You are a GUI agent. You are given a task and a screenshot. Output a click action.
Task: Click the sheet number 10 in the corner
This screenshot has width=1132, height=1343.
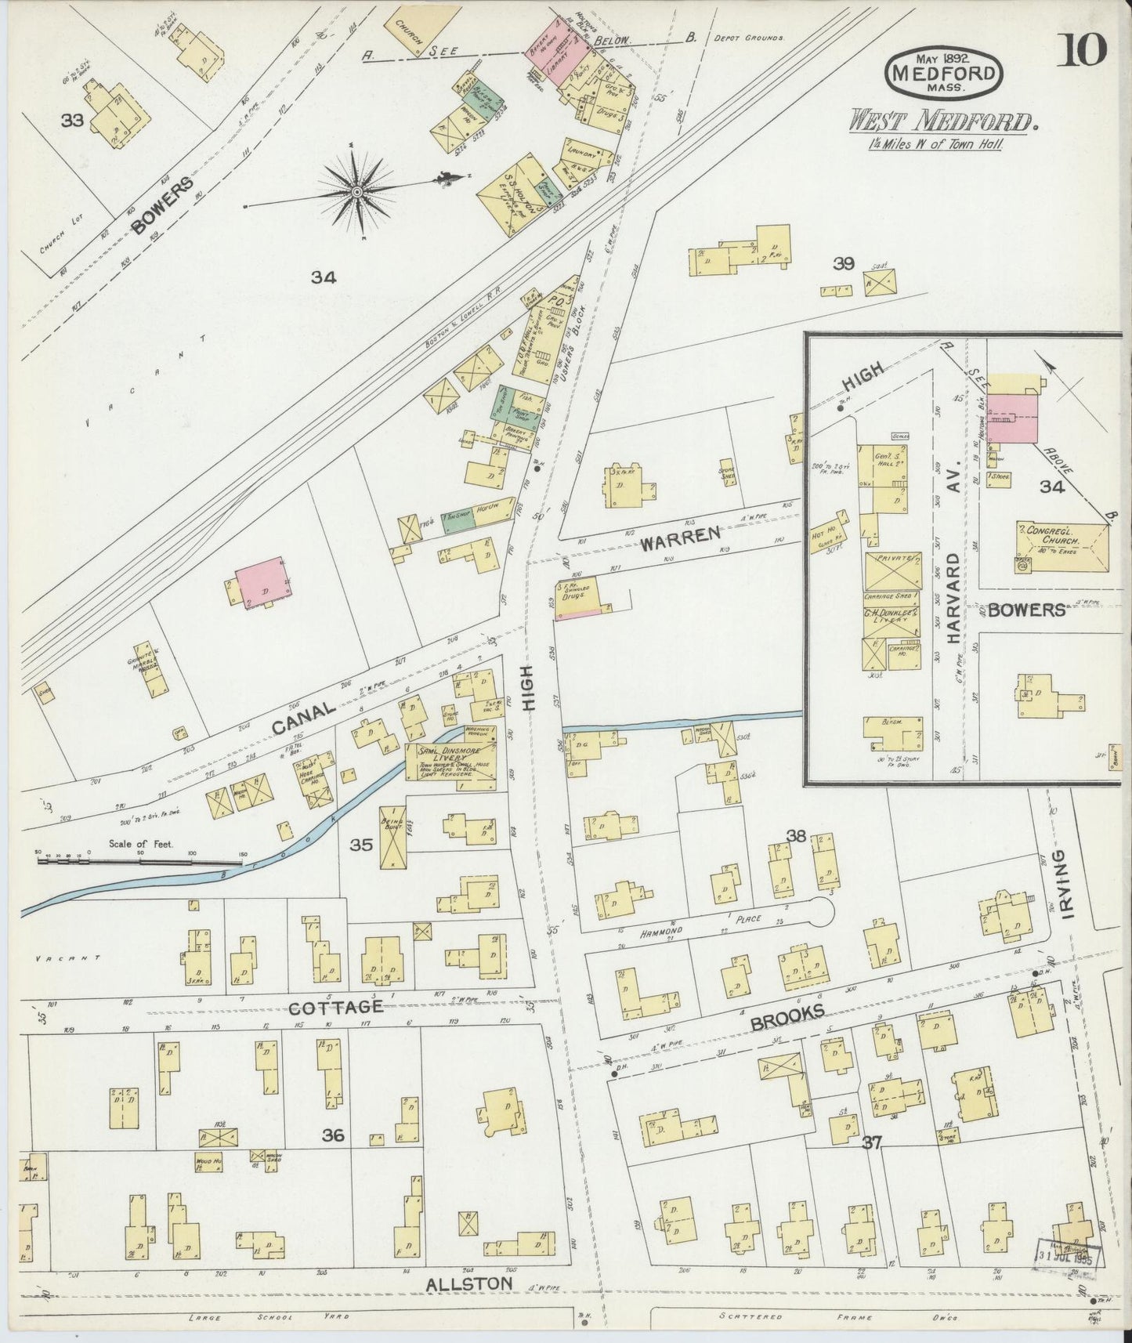pos(1084,51)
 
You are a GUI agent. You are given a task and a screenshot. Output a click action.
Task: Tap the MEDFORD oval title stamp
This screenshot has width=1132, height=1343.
pos(944,74)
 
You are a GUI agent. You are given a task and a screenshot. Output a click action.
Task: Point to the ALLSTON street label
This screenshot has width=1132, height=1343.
pos(469,1283)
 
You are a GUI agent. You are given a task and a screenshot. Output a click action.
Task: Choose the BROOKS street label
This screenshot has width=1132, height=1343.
pos(787,1015)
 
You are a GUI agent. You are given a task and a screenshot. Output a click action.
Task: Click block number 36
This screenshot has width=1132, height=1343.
pos(333,1134)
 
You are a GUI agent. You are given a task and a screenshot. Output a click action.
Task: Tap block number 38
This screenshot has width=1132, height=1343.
pos(797,836)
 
